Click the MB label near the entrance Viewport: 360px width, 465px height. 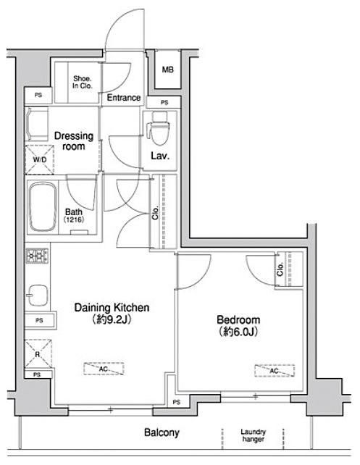click(167, 70)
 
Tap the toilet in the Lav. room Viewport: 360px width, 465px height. click(159, 128)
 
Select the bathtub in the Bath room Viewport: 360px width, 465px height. click(43, 206)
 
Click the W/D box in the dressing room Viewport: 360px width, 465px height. click(39, 159)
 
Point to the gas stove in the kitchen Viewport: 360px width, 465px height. click(38, 256)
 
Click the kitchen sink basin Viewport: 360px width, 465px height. click(38, 296)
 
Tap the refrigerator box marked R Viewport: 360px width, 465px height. click(38, 354)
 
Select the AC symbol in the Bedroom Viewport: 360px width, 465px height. click(275, 371)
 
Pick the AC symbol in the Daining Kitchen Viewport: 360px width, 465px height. click(104, 369)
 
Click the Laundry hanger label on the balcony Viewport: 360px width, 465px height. click(253, 435)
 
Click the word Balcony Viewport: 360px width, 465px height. click(162, 432)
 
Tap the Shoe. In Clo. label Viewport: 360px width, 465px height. click(83, 82)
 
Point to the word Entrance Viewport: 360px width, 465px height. click(124, 98)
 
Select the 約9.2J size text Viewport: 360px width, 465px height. click(112, 319)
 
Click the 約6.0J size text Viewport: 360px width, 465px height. click(238, 332)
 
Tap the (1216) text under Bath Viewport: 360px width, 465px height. click(74, 219)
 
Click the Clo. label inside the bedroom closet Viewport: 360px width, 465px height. click(280, 269)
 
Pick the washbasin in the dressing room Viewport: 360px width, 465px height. click(38, 125)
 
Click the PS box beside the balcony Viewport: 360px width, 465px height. click(177, 402)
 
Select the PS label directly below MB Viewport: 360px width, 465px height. click(164, 102)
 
